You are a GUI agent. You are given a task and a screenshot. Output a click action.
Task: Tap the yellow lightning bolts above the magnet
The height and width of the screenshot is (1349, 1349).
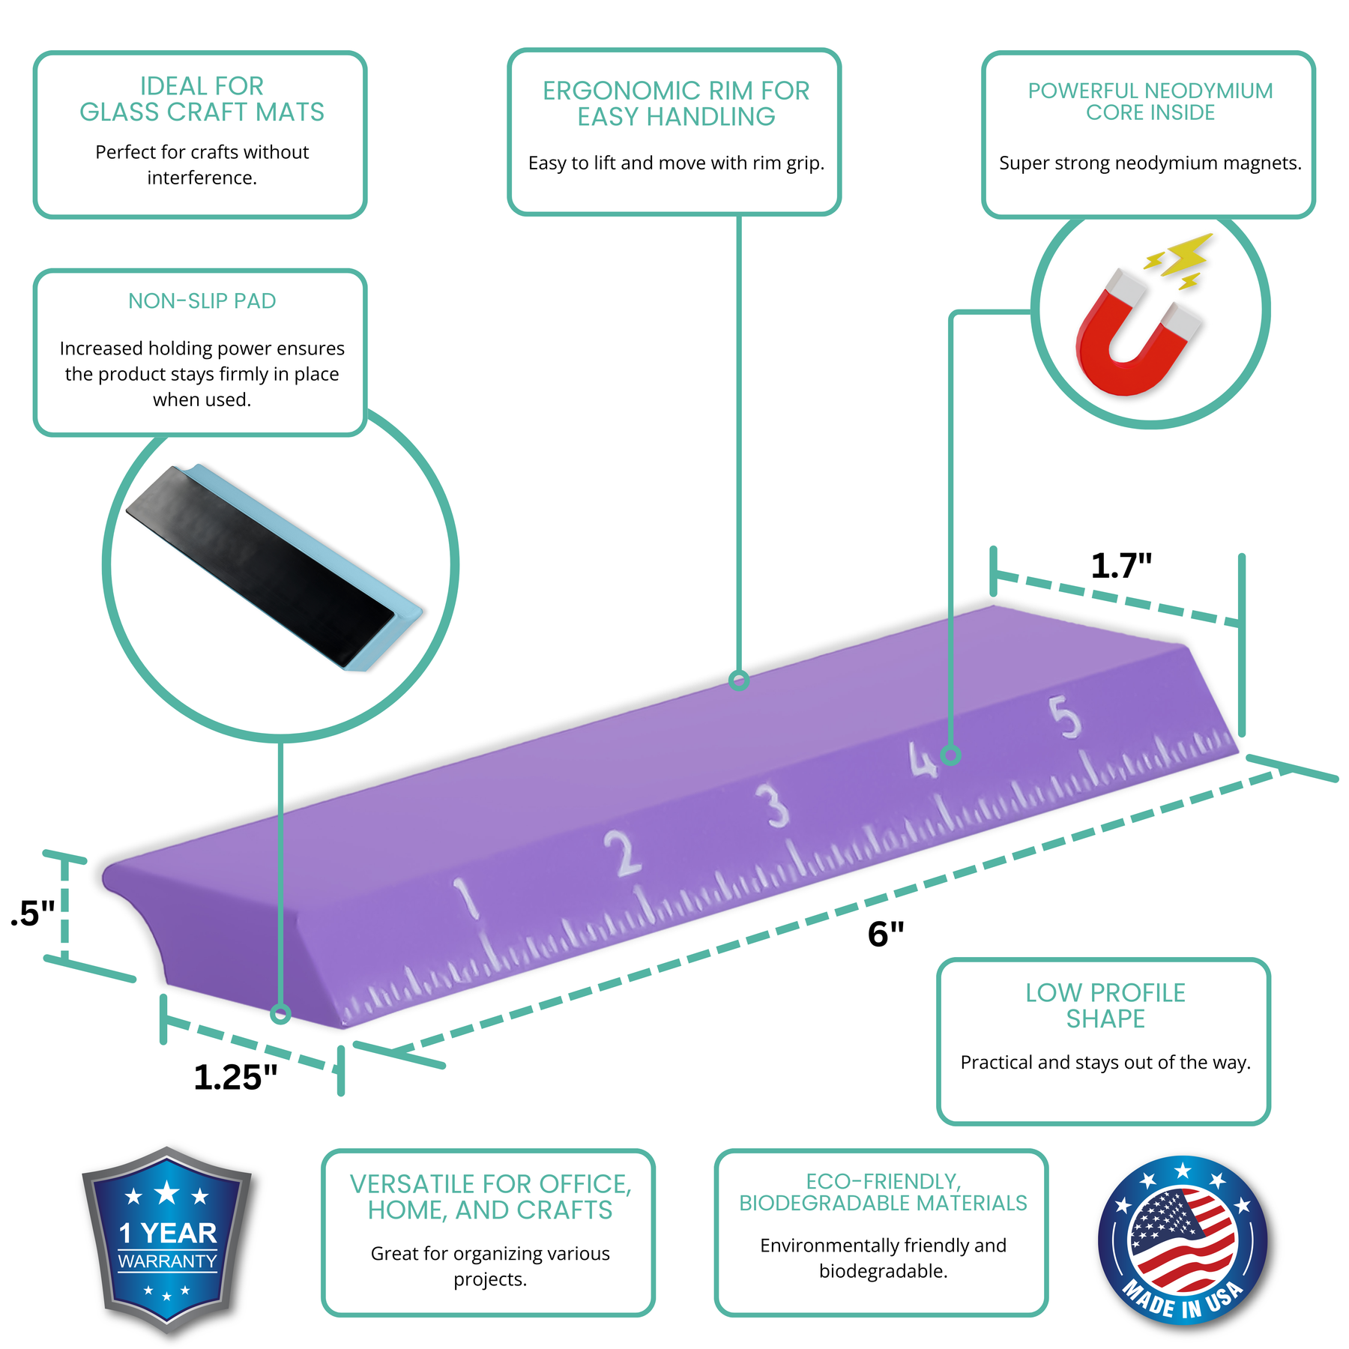click(x=1180, y=259)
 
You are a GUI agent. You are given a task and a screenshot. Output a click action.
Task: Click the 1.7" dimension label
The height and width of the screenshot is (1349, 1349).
click(x=1121, y=566)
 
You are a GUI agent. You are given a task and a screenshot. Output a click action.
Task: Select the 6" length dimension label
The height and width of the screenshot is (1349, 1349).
click(x=886, y=934)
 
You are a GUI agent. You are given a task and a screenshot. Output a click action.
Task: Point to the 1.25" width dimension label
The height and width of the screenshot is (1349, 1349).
click(x=235, y=1077)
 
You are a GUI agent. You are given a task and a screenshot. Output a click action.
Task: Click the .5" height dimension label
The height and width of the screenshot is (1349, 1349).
click(x=33, y=914)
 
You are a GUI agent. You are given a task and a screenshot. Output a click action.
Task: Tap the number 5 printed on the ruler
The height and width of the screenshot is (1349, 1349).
click(x=1065, y=716)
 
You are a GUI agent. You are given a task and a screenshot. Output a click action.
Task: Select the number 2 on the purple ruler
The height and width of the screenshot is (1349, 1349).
click(x=624, y=853)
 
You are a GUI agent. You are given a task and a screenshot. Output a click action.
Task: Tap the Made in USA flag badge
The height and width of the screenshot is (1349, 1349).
click(x=1183, y=1240)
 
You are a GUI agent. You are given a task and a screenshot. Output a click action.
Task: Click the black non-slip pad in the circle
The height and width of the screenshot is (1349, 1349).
click(x=259, y=567)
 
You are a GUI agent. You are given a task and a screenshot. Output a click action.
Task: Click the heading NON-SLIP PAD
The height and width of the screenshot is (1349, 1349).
click(x=202, y=301)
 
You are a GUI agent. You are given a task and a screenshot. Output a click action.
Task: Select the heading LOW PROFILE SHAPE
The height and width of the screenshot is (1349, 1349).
click(x=1105, y=1006)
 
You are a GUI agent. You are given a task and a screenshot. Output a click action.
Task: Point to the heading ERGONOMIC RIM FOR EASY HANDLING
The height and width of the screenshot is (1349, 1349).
click(x=676, y=103)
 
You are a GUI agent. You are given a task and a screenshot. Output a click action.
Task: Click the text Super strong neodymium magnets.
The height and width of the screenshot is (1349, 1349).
click(x=1150, y=163)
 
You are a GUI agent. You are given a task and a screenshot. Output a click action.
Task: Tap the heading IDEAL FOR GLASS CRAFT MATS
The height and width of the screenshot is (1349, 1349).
click(x=202, y=99)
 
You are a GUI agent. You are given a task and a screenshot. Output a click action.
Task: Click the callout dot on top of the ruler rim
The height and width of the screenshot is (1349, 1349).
click(x=739, y=680)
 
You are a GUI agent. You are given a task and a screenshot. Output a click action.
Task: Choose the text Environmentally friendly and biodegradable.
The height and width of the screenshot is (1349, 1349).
click(x=883, y=1258)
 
